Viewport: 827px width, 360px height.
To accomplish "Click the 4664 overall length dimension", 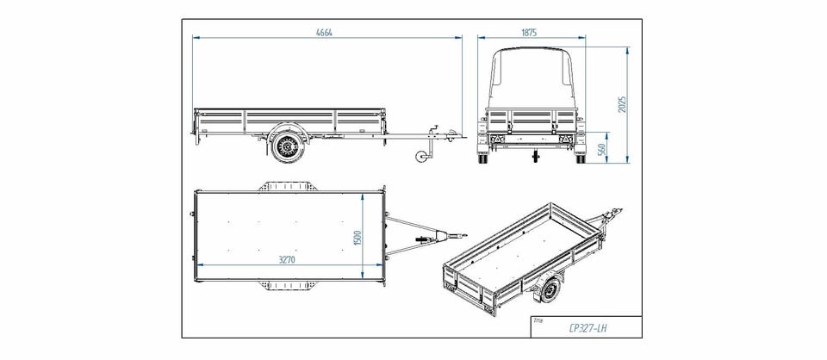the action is click(324, 33).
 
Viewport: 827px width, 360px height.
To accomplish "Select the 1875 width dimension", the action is click(529, 33).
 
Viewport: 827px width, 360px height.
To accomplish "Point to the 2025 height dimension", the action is click(622, 105).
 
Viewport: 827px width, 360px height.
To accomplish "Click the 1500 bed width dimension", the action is click(357, 238).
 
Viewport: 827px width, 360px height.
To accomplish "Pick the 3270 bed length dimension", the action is click(287, 260).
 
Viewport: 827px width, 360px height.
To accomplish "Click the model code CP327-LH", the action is click(588, 328).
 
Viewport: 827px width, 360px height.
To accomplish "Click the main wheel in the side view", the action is click(288, 146).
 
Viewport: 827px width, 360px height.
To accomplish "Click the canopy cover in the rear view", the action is click(532, 78).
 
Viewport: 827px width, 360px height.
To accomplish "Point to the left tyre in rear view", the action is click(482, 158).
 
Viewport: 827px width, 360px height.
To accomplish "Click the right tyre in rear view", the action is click(580, 158).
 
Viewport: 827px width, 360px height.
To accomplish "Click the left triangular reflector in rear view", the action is click(495, 139).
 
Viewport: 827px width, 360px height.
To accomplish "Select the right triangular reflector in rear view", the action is click(568, 139).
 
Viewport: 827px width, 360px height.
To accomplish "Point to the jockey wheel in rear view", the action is click(536, 157).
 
